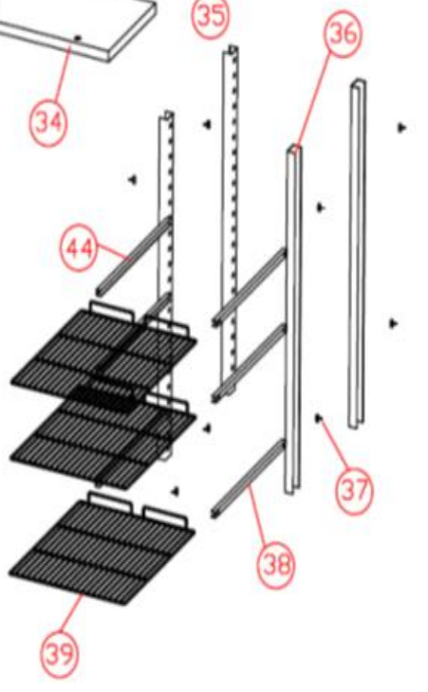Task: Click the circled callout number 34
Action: pyautogui.click(x=48, y=122)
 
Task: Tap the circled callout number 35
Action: pyautogui.click(x=211, y=16)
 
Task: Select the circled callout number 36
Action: pyautogui.click(x=343, y=34)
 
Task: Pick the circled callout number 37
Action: pyautogui.click(x=354, y=490)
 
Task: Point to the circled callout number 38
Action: pyautogui.click(x=276, y=565)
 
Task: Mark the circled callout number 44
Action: pyautogui.click(x=79, y=248)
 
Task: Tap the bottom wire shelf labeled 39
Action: pyautogui.click(x=102, y=550)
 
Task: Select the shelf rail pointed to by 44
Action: pyautogui.click(x=134, y=256)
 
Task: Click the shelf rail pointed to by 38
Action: pyautogui.click(x=249, y=479)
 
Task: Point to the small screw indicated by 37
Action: pyautogui.click(x=319, y=417)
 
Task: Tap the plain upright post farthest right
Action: pyautogui.click(x=358, y=254)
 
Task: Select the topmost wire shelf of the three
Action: pyautogui.click(x=103, y=349)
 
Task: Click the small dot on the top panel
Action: pyautogui.click(x=78, y=39)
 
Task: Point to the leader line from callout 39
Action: pyautogui.click(x=70, y=614)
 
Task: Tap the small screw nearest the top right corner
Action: pyautogui.click(x=401, y=128)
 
